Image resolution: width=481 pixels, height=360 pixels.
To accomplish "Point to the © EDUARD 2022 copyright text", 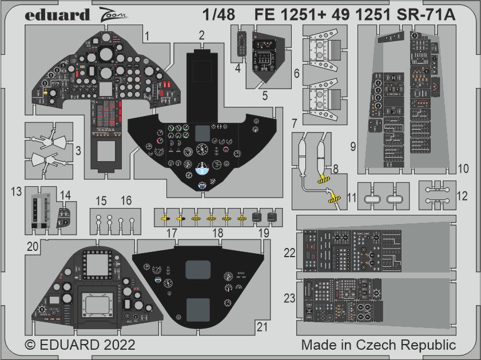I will coord(81,345).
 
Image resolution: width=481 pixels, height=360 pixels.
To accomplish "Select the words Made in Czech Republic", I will coord(378,345).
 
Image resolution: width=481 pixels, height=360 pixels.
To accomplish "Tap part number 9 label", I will coord(353,147).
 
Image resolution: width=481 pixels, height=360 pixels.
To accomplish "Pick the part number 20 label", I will coord(32,246).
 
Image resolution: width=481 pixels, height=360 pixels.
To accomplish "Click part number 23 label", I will coord(290,297).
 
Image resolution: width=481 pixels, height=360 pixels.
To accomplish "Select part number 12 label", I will coord(462,196).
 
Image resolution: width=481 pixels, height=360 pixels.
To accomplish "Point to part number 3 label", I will coord(78,151).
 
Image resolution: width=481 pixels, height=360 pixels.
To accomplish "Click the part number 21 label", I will coord(262,327).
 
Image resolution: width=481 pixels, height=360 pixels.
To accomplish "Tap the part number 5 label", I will coord(265,95).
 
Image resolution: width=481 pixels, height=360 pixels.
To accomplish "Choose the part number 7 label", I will coord(293,123).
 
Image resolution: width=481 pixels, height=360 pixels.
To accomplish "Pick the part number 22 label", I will coord(290,252).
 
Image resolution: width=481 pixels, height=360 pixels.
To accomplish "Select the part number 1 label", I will coord(148,36).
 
